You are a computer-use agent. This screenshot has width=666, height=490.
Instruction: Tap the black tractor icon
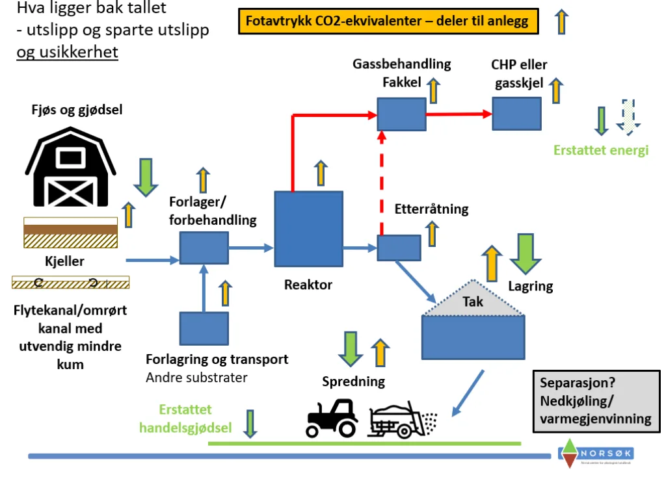[x=332, y=417]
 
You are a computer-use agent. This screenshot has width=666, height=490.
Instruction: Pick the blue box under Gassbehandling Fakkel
[x=401, y=114]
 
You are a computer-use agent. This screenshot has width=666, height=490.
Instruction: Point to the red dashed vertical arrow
[x=382, y=183]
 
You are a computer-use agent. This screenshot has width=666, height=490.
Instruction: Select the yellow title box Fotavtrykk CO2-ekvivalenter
[x=388, y=22]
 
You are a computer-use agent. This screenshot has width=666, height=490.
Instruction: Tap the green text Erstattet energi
[x=601, y=151]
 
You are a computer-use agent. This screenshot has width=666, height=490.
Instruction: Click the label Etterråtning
[x=431, y=209]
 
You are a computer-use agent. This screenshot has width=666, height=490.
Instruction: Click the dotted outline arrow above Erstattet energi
[x=630, y=117]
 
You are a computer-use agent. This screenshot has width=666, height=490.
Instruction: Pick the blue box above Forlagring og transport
[x=204, y=328]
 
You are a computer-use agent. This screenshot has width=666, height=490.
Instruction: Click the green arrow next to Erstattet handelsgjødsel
[x=250, y=422]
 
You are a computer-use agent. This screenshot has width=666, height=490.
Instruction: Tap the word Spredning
[x=354, y=381]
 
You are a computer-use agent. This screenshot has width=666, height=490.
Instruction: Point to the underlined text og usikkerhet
[x=68, y=53]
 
